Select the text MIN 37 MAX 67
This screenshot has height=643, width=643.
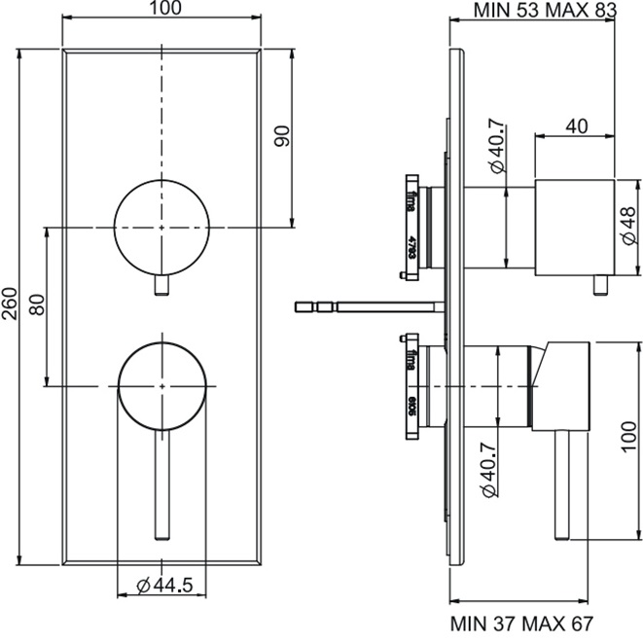[520, 623]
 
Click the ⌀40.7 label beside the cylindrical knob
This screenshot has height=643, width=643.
[496, 145]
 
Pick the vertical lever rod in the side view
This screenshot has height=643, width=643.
[561, 486]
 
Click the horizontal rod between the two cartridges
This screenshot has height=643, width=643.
[370, 307]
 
